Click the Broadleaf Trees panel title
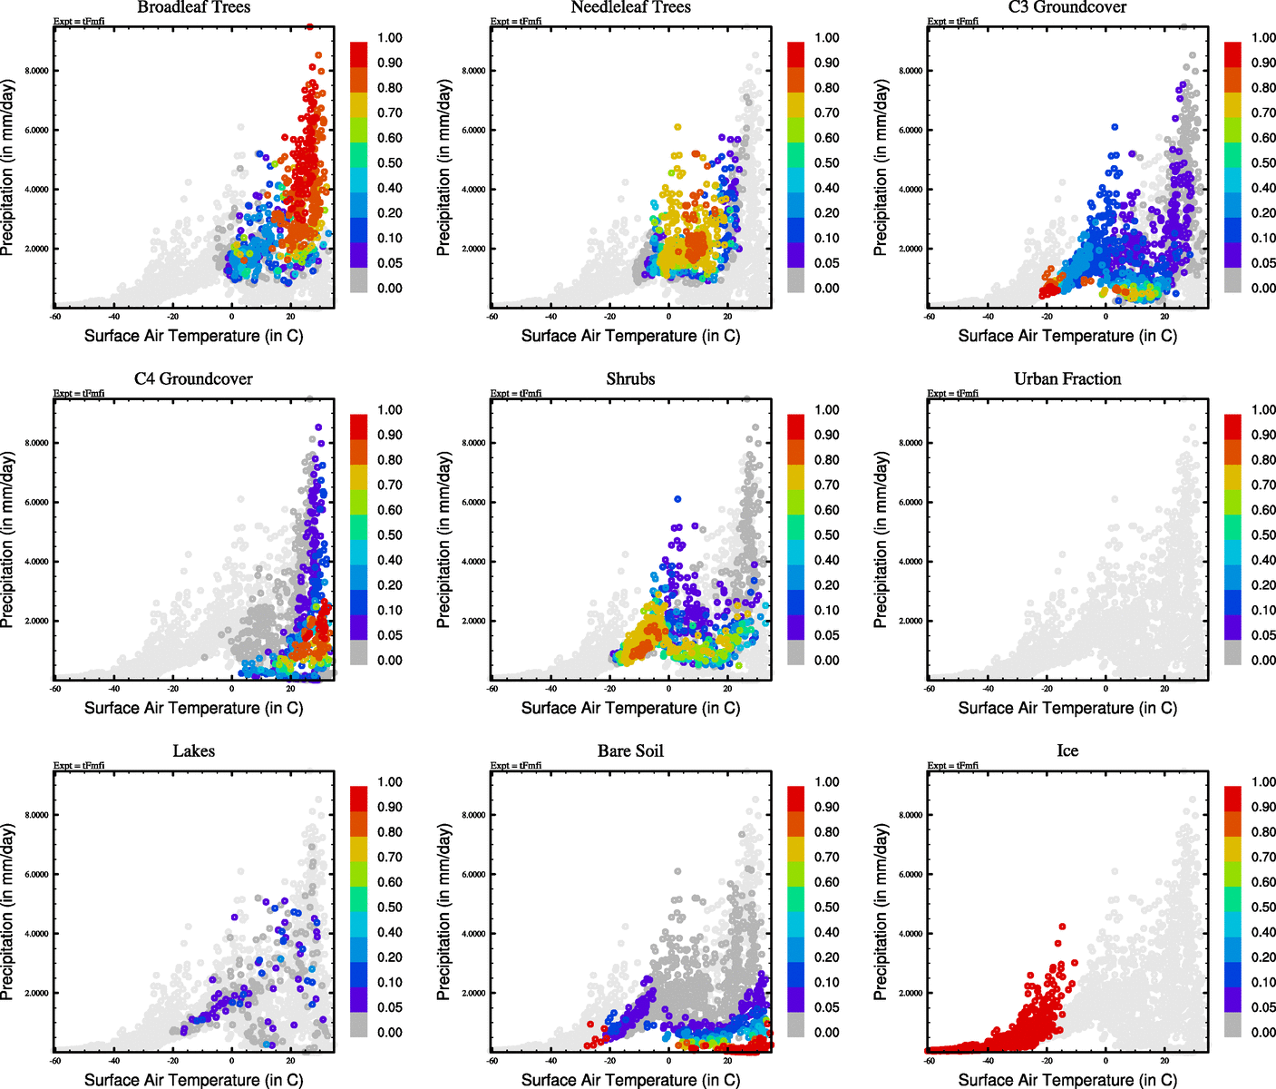tap(193, 8)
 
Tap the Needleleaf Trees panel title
tap(630, 8)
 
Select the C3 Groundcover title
tap(1067, 8)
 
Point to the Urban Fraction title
tap(1067, 379)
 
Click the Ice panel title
tap(1067, 751)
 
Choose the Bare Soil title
tap(630, 751)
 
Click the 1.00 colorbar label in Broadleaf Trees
tap(390, 38)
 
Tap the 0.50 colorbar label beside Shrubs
tap(827, 535)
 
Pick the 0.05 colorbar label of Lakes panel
tap(390, 1007)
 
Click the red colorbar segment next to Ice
tap(1232, 799)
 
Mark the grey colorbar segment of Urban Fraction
tap(1232, 652)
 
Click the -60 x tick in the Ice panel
tap(929, 1060)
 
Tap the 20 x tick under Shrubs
tap(727, 689)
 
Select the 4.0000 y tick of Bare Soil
tap(473, 934)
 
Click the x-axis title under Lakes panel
tap(193, 1080)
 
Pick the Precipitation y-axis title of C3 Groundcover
tap(881, 168)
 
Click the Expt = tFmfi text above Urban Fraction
tap(952, 394)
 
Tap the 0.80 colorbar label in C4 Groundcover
tap(390, 460)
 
